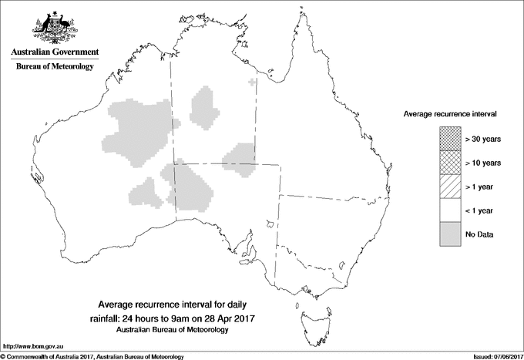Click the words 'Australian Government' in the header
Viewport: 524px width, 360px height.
click(x=54, y=52)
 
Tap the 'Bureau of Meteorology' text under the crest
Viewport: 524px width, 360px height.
click(x=54, y=66)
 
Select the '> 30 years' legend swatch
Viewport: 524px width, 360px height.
click(x=450, y=138)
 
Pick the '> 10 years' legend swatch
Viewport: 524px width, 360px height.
click(x=450, y=162)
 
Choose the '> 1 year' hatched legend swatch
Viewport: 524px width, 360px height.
click(x=450, y=186)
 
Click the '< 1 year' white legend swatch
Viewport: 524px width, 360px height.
click(x=450, y=210)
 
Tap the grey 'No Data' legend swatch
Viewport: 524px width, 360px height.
click(x=450, y=234)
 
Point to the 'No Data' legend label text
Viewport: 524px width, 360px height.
click(x=479, y=234)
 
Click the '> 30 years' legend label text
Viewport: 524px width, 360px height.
click(x=483, y=138)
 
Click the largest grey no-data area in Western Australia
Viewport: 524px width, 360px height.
click(x=139, y=131)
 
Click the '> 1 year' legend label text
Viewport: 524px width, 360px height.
click(x=481, y=186)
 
